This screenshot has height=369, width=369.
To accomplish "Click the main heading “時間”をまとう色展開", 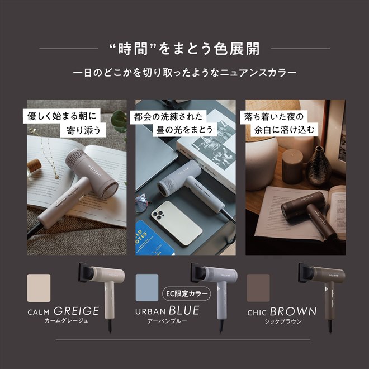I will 184,49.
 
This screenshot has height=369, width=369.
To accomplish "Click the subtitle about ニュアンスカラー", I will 184,73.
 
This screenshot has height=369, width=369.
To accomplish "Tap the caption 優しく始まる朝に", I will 63,117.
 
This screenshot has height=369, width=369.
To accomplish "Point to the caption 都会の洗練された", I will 167,117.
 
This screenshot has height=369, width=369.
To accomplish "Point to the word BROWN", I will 294,311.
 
